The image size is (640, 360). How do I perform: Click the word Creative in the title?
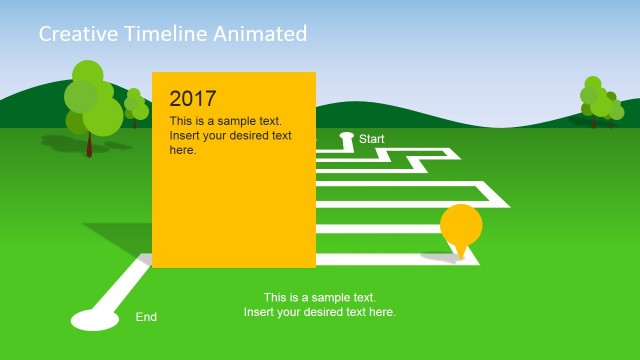coord(73,34)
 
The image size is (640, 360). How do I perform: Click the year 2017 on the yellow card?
coord(193,98)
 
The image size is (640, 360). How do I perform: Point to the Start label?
coord(372,139)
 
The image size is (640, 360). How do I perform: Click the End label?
coord(146,317)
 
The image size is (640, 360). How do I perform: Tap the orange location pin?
coord(461,226)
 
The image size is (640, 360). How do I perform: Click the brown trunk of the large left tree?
coord(89,144)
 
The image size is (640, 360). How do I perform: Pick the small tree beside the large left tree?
coord(134,106)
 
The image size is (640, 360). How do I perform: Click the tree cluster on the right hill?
coord(600,101)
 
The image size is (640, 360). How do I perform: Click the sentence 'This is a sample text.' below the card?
coord(320,298)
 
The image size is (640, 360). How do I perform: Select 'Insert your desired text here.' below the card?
coord(320,312)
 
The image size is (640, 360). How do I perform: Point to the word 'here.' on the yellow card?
coord(183,150)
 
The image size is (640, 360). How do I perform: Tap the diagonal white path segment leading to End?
coord(120,285)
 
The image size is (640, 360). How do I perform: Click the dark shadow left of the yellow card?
coord(120,240)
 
